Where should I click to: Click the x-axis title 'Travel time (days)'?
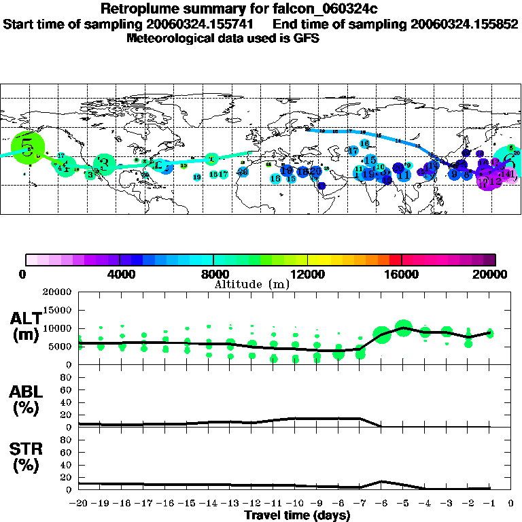[x=297, y=516]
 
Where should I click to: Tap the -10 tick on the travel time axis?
[x=295, y=504]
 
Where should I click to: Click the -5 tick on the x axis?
[x=403, y=504]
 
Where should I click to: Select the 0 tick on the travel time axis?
[x=511, y=504]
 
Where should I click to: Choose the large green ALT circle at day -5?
[x=404, y=328]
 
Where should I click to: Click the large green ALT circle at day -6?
[x=382, y=334]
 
